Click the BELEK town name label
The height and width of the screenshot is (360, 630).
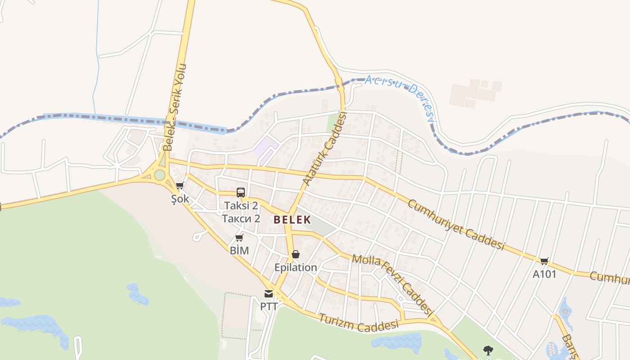(292, 220)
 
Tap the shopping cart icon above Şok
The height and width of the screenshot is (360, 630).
(180, 185)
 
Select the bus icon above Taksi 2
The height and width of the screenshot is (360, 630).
(241, 193)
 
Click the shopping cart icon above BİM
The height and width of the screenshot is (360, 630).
(239, 238)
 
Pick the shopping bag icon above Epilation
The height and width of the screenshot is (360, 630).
(296, 255)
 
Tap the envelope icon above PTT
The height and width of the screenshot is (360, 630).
(269, 294)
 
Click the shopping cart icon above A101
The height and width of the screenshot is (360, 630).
(544, 261)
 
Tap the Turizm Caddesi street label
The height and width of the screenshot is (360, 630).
(359, 323)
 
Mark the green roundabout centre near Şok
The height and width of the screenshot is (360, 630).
(159, 175)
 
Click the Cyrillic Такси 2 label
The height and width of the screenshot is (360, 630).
(241, 219)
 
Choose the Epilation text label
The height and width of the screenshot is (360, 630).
(296, 268)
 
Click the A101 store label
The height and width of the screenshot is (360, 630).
(544, 274)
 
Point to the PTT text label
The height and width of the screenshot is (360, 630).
(269, 306)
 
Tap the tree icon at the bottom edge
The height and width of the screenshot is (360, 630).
(488, 350)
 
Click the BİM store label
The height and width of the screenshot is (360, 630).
(239, 251)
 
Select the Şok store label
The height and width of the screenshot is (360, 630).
(180, 199)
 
